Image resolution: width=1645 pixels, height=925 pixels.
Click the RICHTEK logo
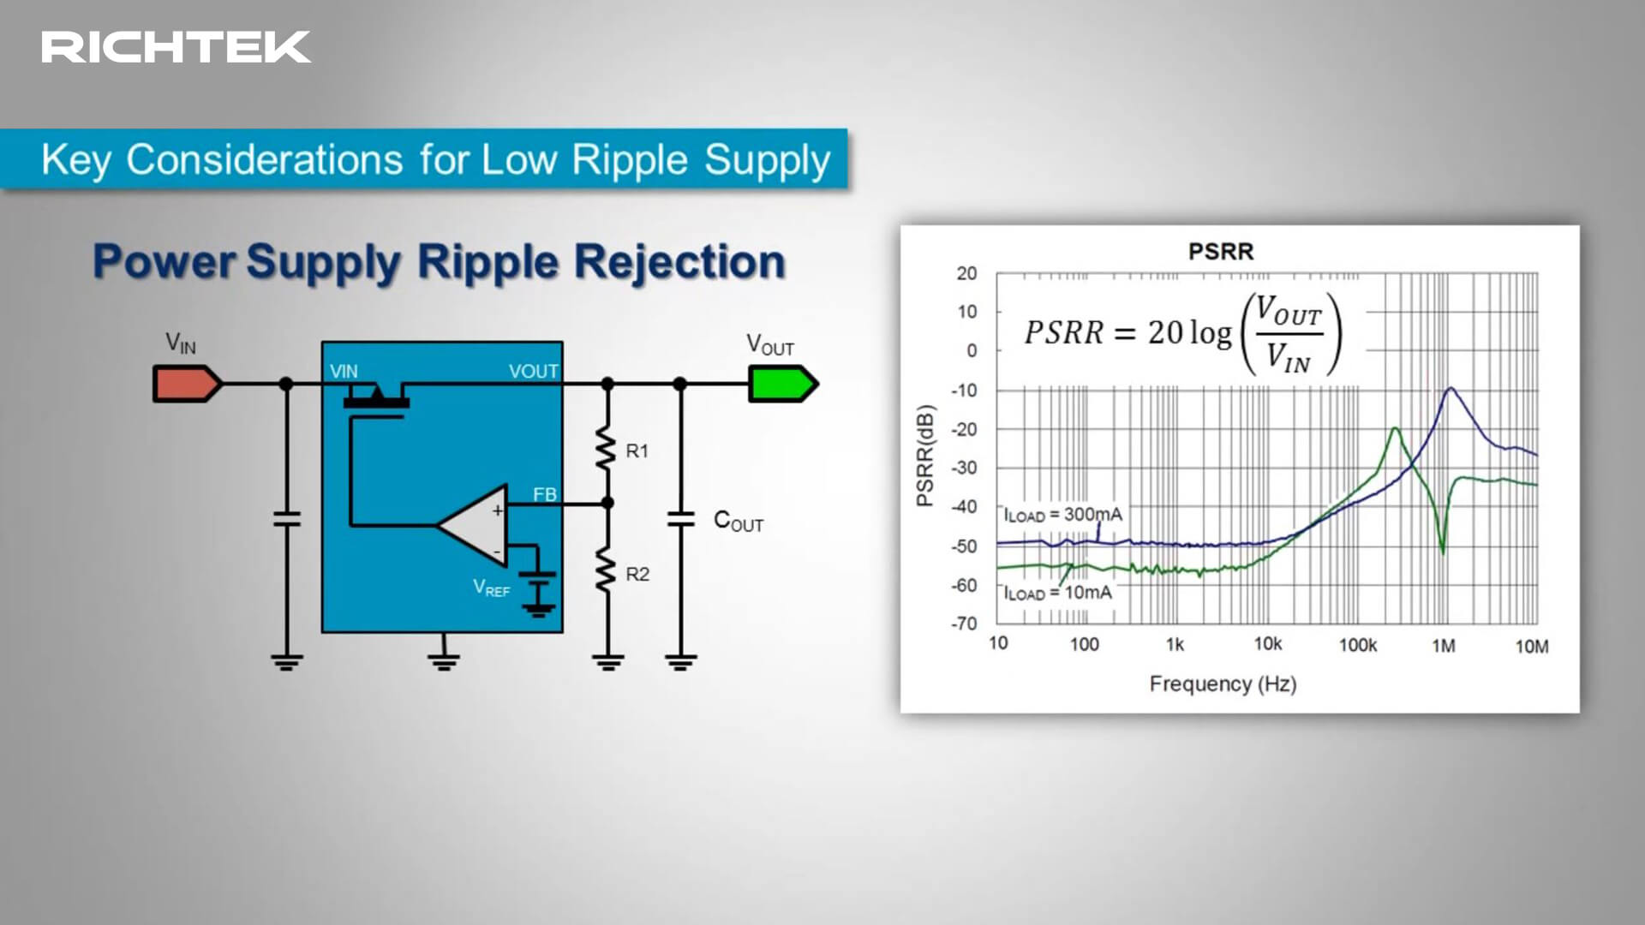[x=176, y=47]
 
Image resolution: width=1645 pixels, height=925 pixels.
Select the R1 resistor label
[x=637, y=451]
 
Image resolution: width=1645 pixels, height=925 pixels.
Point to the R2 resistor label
[x=637, y=575]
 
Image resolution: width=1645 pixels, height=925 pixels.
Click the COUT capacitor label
[x=739, y=522]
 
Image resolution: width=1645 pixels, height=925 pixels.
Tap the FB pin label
[x=545, y=494]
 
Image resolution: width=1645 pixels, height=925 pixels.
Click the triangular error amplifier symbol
[x=473, y=524]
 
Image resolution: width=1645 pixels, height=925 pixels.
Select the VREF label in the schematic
[x=492, y=588]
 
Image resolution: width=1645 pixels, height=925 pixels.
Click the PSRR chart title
[x=1221, y=251]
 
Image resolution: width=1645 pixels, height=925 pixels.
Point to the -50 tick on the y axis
[x=964, y=546]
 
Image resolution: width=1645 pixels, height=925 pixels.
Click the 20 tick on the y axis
[x=966, y=273]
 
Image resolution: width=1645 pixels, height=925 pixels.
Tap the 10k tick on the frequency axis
[x=1268, y=644]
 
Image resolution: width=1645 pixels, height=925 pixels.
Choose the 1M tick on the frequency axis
[x=1444, y=646]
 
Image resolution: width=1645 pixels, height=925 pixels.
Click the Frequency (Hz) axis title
[x=1223, y=683]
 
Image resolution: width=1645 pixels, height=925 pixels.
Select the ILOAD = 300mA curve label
[x=1063, y=515]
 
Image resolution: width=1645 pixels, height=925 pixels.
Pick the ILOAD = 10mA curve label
[x=1058, y=593]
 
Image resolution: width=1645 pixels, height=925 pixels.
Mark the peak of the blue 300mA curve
[x=1451, y=389]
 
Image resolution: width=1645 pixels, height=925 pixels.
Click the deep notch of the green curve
[x=1443, y=552]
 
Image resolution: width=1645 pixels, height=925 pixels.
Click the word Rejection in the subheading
[x=679, y=262]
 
